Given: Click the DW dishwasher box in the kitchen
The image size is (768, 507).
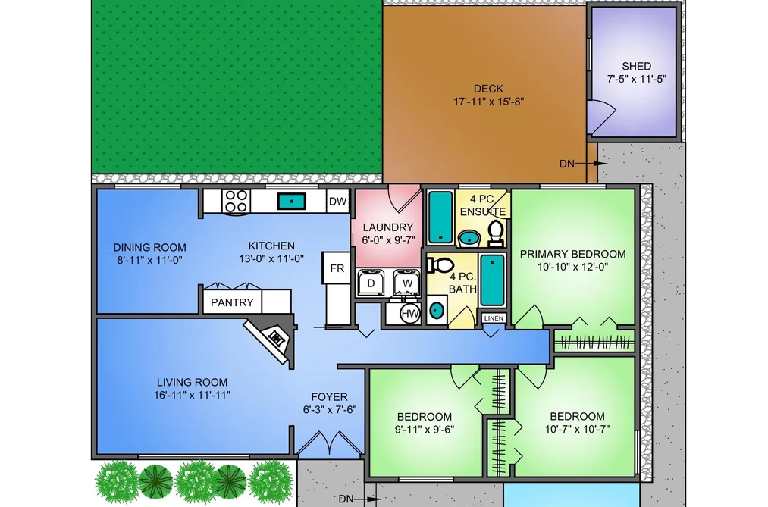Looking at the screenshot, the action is tap(337, 201).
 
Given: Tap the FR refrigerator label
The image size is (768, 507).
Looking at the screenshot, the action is tap(337, 268).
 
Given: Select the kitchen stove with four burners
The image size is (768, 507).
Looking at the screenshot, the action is tap(236, 201).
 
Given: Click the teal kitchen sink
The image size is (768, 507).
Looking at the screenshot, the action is tap(292, 201).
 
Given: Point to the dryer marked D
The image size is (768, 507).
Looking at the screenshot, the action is tap(371, 283).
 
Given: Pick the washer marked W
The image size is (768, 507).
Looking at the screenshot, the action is tap(407, 283).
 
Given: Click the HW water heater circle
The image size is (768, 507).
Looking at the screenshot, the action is tap(410, 314).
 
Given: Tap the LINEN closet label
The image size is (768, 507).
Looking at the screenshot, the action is tap(494, 318).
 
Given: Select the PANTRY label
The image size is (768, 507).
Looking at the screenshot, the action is tap(232, 302).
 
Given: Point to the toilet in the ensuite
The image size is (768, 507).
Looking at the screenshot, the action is tap(496, 234).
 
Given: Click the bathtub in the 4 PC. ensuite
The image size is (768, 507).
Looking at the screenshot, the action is tap(440, 217).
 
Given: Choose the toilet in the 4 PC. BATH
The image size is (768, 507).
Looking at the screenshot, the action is tap(440, 264).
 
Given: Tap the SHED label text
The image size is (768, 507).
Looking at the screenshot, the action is tap(636, 66).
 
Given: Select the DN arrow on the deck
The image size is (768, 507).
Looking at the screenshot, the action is tap(583, 164).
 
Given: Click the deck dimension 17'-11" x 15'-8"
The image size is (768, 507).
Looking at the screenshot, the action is tap(488, 102).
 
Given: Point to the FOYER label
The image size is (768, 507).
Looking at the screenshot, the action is tap(329, 397).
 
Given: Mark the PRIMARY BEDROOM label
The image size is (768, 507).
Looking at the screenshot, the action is tap(572, 254).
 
